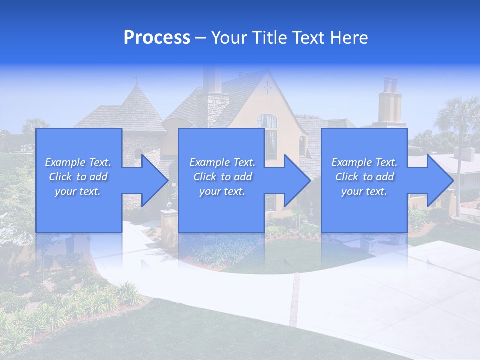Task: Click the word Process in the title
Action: (157, 38)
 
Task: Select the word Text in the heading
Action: (307, 38)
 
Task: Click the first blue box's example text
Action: (78, 176)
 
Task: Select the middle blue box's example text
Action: (222, 176)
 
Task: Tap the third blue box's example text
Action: (364, 176)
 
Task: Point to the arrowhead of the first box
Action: (155, 180)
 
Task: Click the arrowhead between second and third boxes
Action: (297, 180)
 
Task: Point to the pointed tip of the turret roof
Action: (135, 83)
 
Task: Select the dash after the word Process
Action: (200, 38)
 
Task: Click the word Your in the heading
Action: (228, 38)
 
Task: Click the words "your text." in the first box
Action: (78, 191)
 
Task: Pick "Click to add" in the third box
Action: (364, 177)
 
